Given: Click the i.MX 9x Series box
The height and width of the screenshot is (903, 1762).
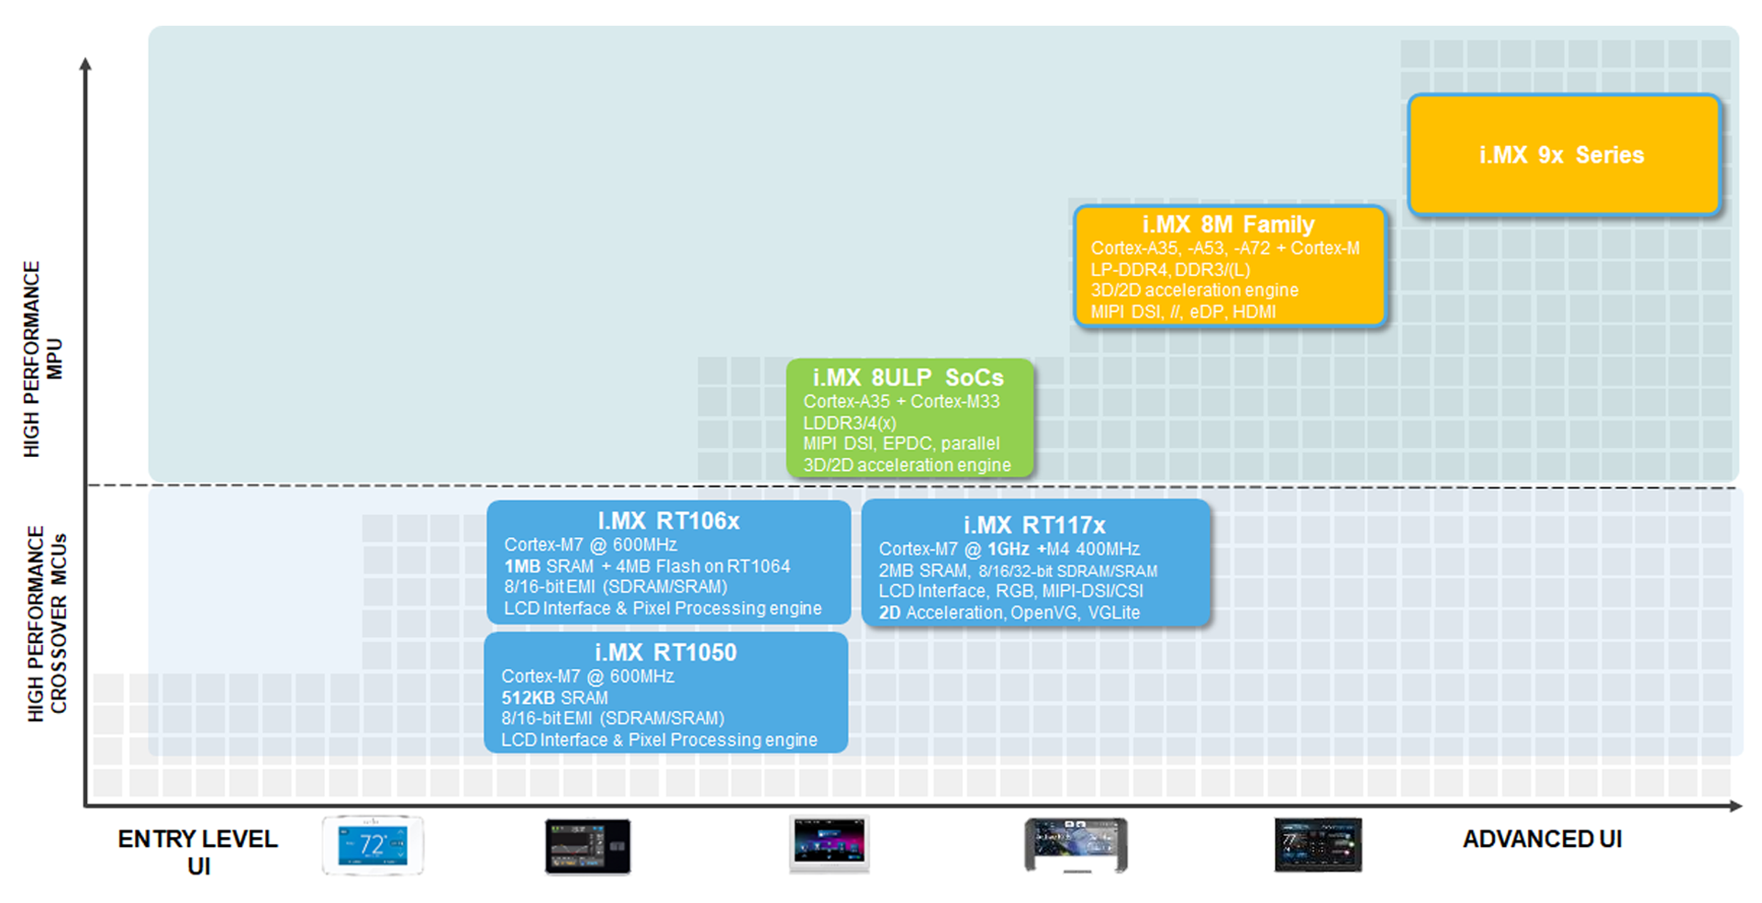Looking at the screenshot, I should (x=1563, y=155).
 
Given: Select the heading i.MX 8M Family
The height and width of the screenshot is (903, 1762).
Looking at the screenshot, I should (x=1228, y=225).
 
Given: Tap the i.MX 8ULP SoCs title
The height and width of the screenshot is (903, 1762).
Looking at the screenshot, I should (x=908, y=377).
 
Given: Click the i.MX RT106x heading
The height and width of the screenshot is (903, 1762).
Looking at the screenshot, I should (x=668, y=521).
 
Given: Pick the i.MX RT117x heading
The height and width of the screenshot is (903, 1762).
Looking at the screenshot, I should (x=1034, y=525).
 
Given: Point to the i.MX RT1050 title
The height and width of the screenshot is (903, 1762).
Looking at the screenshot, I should (x=665, y=652).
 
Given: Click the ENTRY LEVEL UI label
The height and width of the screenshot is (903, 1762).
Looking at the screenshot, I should (x=197, y=852).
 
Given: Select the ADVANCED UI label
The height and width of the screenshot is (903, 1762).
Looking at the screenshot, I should (x=1542, y=839).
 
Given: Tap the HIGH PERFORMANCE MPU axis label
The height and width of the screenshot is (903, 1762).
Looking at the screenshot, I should (x=42, y=359).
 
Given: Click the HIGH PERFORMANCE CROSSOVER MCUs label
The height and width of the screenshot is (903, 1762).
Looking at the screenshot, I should (x=47, y=623).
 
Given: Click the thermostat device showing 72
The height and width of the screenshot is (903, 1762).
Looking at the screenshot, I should (x=373, y=844).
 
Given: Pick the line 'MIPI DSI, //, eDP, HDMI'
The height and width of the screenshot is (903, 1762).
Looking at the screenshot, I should (x=1183, y=312).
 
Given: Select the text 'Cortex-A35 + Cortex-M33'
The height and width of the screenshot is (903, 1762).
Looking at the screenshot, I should (x=901, y=401).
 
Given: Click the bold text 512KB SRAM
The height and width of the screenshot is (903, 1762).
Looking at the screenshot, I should (x=554, y=697).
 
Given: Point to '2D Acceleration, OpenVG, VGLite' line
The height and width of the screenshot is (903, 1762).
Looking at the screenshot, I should (x=1009, y=612).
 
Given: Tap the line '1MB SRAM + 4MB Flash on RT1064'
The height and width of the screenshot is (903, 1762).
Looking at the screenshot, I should (x=646, y=566).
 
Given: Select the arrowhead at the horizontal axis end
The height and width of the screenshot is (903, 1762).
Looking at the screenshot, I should (x=1735, y=806).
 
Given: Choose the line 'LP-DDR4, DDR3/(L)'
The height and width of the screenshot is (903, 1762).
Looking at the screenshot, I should (x=1170, y=270).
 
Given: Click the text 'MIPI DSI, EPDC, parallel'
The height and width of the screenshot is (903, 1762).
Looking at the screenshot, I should (x=901, y=443).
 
